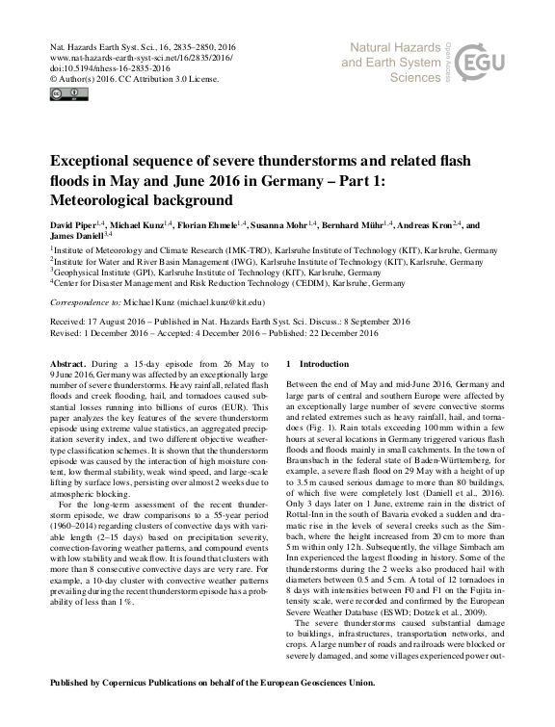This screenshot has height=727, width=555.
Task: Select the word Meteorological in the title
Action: [x=106, y=200]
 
